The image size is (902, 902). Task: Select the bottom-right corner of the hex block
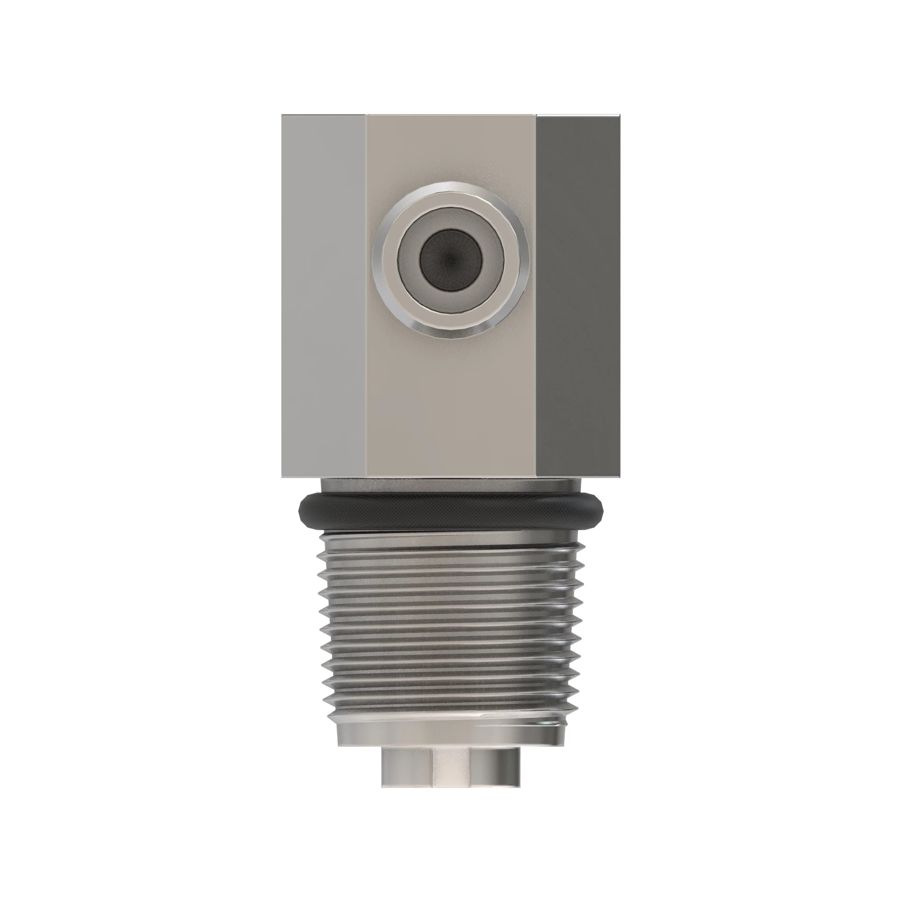click(619, 477)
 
